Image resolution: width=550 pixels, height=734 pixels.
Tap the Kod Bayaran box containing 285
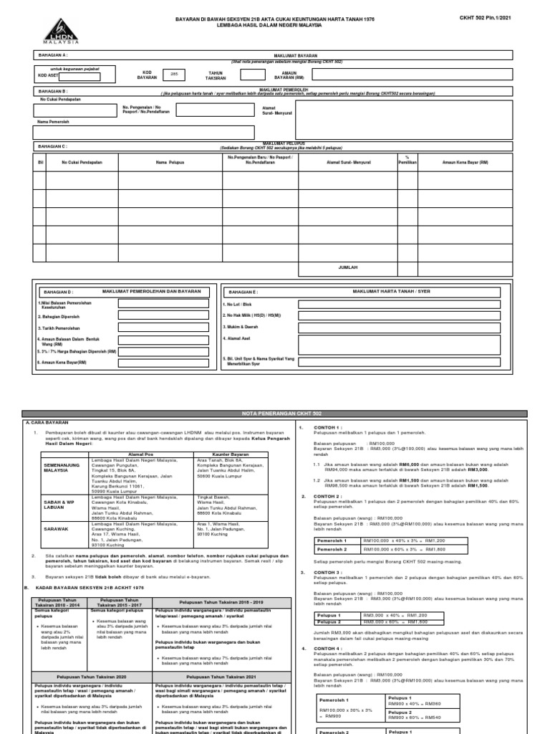[174, 74]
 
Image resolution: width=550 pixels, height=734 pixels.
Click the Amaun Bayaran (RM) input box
[355, 75]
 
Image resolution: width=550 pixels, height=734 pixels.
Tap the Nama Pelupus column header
[170, 163]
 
